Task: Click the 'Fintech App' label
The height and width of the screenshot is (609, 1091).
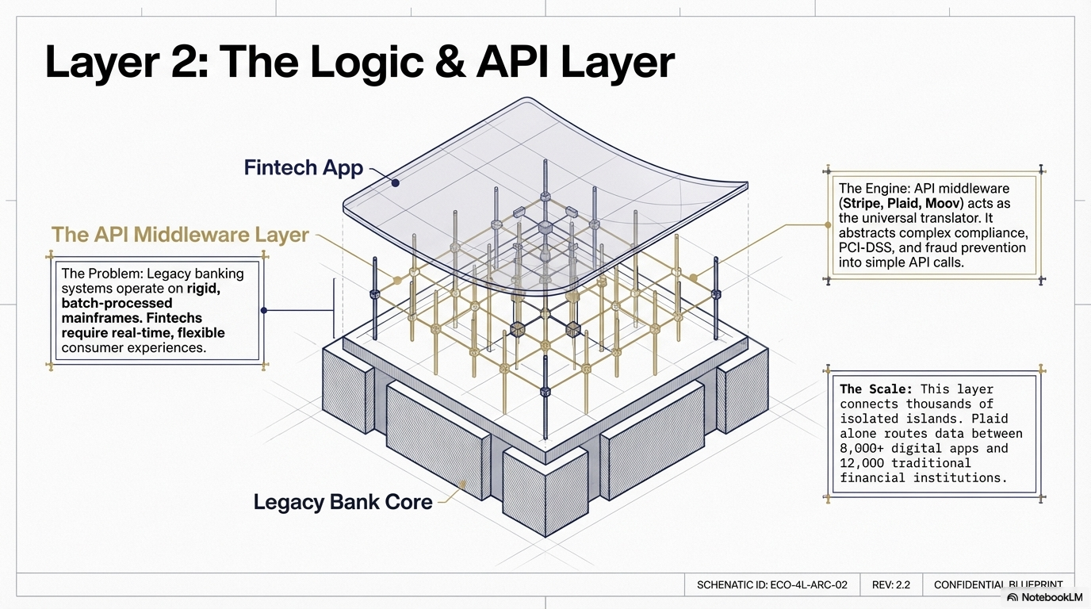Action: [303, 168]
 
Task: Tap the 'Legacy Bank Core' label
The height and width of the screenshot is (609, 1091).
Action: [343, 502]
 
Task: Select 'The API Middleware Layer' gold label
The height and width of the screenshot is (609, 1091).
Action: [180, 235]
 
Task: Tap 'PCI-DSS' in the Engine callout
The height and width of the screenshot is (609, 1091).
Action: [865, 248]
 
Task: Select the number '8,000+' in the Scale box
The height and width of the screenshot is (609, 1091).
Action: [867, 448]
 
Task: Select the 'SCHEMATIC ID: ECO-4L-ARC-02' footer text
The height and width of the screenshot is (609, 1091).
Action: [771, 584]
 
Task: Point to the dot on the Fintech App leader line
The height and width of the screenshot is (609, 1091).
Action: [395, 183]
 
